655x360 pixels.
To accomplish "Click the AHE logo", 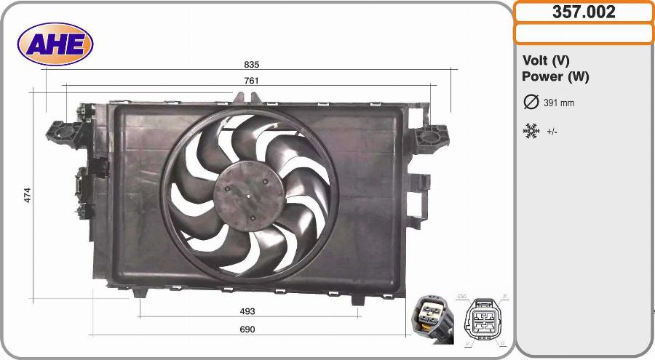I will point(56,44).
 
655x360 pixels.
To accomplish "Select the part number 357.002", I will point(584,12).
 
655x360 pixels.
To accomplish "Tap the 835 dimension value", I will point(252,65).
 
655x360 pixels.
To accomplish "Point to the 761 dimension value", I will point(251,81).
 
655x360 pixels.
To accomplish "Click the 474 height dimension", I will point(28,195).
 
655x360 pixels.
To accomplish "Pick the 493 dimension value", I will point(247,311).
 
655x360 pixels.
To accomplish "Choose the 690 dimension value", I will point(247,329).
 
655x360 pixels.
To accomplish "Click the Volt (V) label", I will point(546,61).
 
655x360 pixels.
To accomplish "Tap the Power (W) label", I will point(555,76).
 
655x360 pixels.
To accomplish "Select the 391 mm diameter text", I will point(559,103).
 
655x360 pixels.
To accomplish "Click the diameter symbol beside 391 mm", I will point(531,103).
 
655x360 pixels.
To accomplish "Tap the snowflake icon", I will point(531,132).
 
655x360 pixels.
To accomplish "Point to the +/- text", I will point(552,132).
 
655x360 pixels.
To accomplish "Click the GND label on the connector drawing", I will point(461,297).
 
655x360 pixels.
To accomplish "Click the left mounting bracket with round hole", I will point(57,132).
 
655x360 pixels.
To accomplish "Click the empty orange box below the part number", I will point(584,33).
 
